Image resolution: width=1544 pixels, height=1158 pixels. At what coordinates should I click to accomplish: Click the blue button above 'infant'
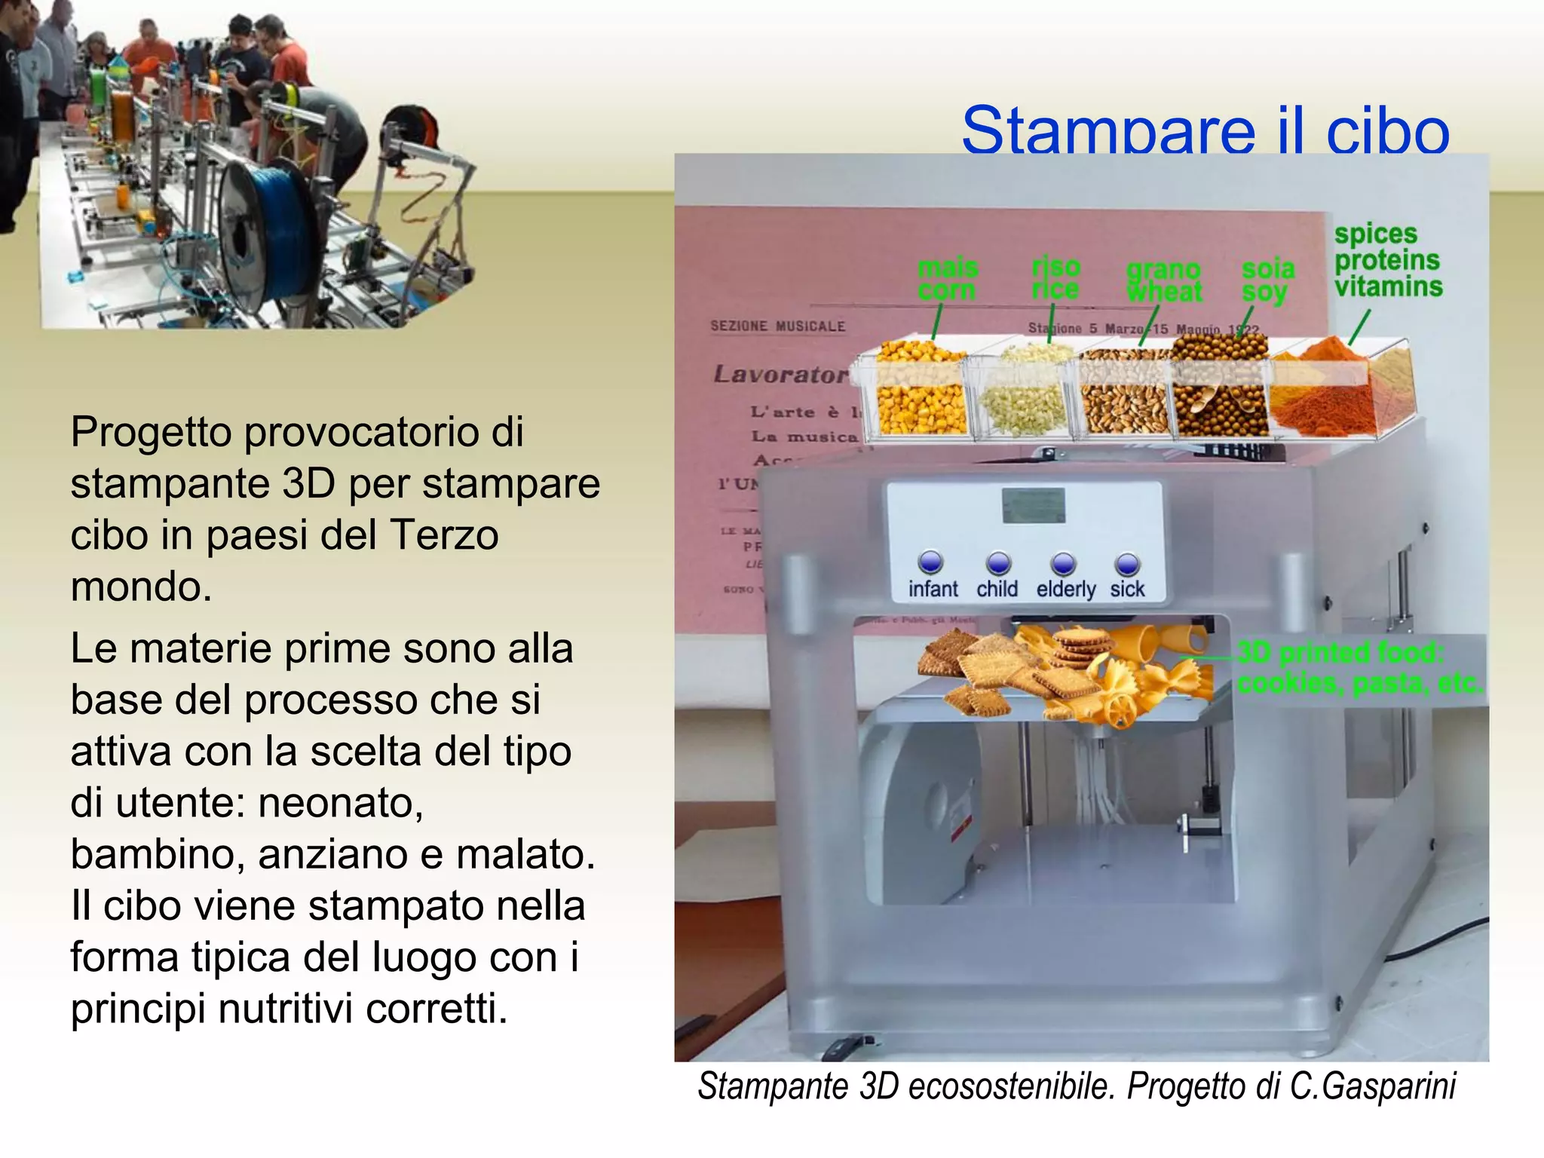931,562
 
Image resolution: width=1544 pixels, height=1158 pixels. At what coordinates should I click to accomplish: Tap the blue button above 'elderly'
1063,563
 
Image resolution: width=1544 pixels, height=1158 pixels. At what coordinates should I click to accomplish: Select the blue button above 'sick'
1127,563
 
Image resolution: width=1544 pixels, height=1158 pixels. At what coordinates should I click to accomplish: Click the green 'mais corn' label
948,279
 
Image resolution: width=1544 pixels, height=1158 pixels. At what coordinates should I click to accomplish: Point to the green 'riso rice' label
1055,277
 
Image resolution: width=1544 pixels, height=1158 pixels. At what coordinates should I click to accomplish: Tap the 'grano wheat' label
1164,281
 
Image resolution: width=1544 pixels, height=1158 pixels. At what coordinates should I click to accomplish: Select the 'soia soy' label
1268,280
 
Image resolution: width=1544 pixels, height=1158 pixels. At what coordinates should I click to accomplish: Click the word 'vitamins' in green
1388,286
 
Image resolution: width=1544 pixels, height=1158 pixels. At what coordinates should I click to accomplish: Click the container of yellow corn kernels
921,392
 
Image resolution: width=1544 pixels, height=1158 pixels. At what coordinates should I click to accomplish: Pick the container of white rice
1024,396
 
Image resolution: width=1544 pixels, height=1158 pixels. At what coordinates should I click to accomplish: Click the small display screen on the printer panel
1033,506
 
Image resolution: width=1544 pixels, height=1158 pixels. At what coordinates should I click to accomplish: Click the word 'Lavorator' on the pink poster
780,374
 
